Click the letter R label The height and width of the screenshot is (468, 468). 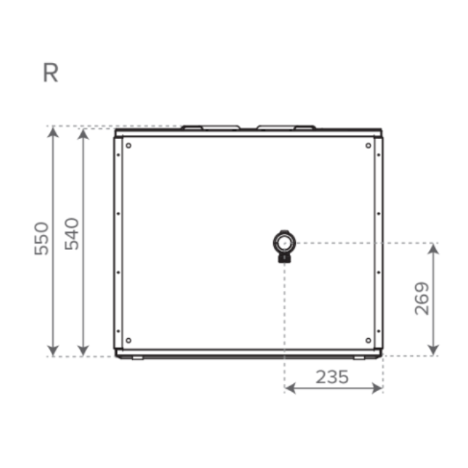(50, 73)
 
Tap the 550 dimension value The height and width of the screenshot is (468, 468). (42, 239)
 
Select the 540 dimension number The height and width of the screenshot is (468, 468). (72, 234)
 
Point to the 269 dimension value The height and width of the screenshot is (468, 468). (421, 299)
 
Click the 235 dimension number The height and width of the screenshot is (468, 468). (332, 377)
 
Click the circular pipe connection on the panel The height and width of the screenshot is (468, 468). (284, 243)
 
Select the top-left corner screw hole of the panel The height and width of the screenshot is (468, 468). (128, 145)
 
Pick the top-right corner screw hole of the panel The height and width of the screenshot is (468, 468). (368, 145)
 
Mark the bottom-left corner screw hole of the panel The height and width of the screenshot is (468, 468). (128, 340)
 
